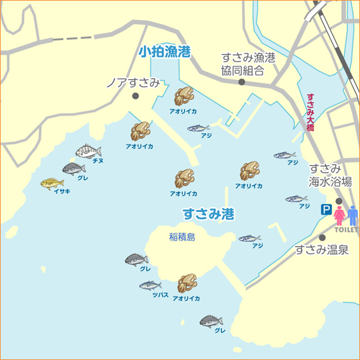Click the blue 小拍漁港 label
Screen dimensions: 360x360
[x=164, y=52]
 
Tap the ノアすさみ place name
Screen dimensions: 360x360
[x=133, y=83]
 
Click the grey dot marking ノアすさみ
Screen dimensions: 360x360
[x=135, y=96]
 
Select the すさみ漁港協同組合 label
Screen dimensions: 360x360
[x=248, y=64]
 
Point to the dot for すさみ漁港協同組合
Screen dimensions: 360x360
[x=241, y=83]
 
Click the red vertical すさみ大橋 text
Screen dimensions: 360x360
[x=310, y=112]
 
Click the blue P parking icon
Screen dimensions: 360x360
[x=326, y=210]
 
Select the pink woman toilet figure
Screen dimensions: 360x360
[x=339, y=215]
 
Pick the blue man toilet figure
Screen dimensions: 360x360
[x=353, y=215]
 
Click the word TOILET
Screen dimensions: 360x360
[x=346, y=230]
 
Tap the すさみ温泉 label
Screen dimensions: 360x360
[x=321, y=251]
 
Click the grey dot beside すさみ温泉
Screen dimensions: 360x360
[x=322, y=237]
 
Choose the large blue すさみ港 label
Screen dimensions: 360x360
[x=208, y=215]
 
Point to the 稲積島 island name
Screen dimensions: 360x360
[x=182, y=237]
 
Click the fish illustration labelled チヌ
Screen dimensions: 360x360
[x=87, y=151]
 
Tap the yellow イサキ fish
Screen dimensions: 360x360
[x=51, y=183]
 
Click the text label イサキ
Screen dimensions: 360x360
[x=61, y=192]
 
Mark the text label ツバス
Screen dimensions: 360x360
[x=160, y=294]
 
